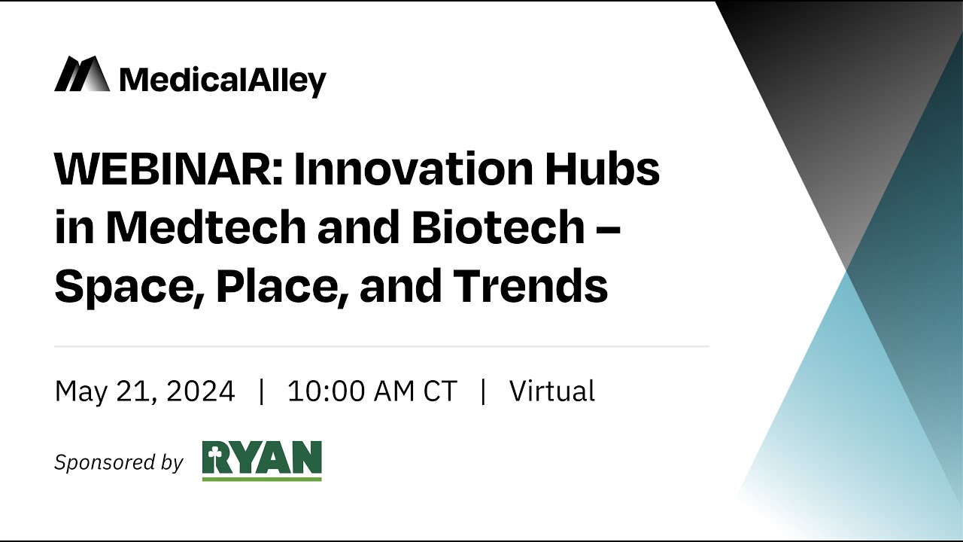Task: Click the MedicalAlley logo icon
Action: [81, 75]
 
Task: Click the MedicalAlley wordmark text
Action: [223, 80]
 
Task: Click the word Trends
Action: [530, 286]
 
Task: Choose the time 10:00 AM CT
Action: [372, 391]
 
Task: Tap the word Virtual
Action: [552, 391]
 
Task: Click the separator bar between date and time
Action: [261, 391]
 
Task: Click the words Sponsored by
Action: [118, 462]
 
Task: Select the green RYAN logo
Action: [262, 460]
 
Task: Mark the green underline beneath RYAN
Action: [262, 478]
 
